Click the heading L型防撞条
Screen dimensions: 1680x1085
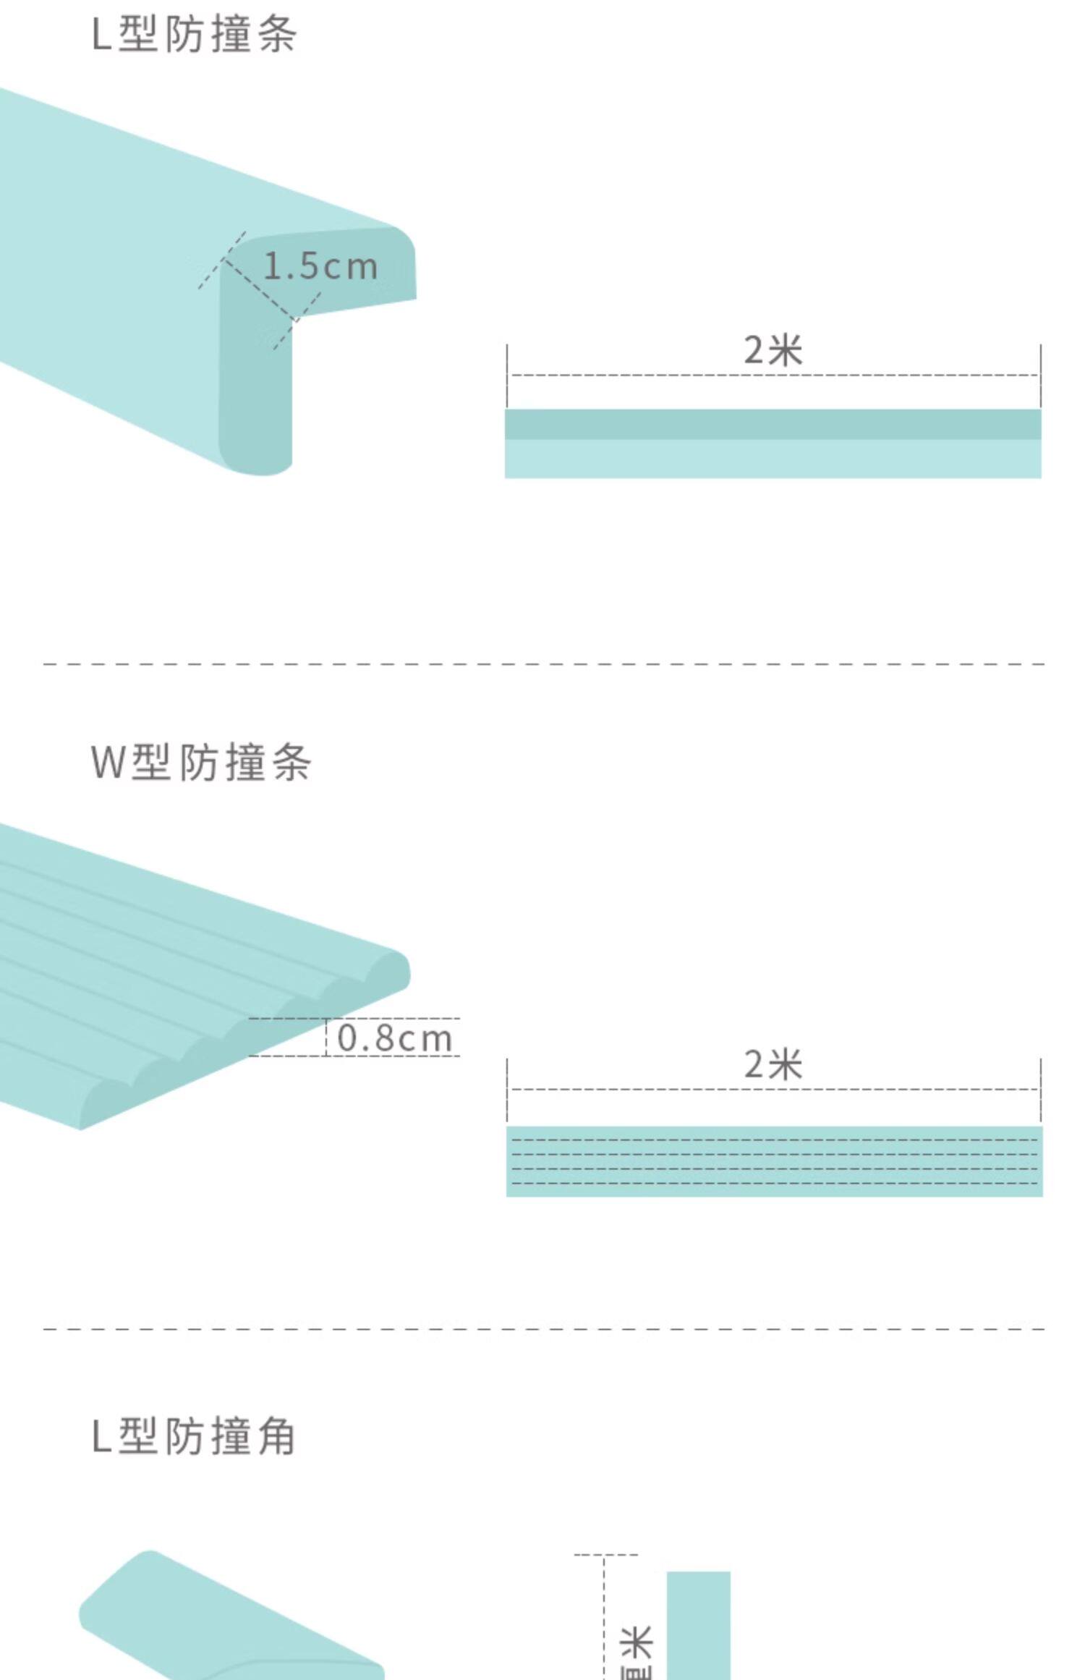point(194,35)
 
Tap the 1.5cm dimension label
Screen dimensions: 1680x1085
point(320,267)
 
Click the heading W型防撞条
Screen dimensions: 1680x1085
point(201,763)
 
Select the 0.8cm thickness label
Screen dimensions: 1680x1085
point(395,1038)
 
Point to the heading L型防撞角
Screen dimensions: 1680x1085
point(194,1436)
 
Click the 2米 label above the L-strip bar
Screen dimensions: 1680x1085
point(773,351)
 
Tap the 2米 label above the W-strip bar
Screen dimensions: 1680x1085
point(773,1064)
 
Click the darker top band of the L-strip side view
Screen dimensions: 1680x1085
point(773,424)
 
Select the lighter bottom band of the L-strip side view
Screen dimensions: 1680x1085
point(773,459)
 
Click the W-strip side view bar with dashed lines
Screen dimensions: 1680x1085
point(774,1161)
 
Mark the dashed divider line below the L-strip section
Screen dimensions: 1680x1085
point(542,663)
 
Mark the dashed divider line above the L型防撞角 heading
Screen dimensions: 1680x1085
point(542,1329)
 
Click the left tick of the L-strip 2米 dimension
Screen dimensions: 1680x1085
point(507,375)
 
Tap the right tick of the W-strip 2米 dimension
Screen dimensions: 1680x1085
point(1041,1089)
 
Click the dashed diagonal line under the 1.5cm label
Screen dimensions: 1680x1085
point(260,289)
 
